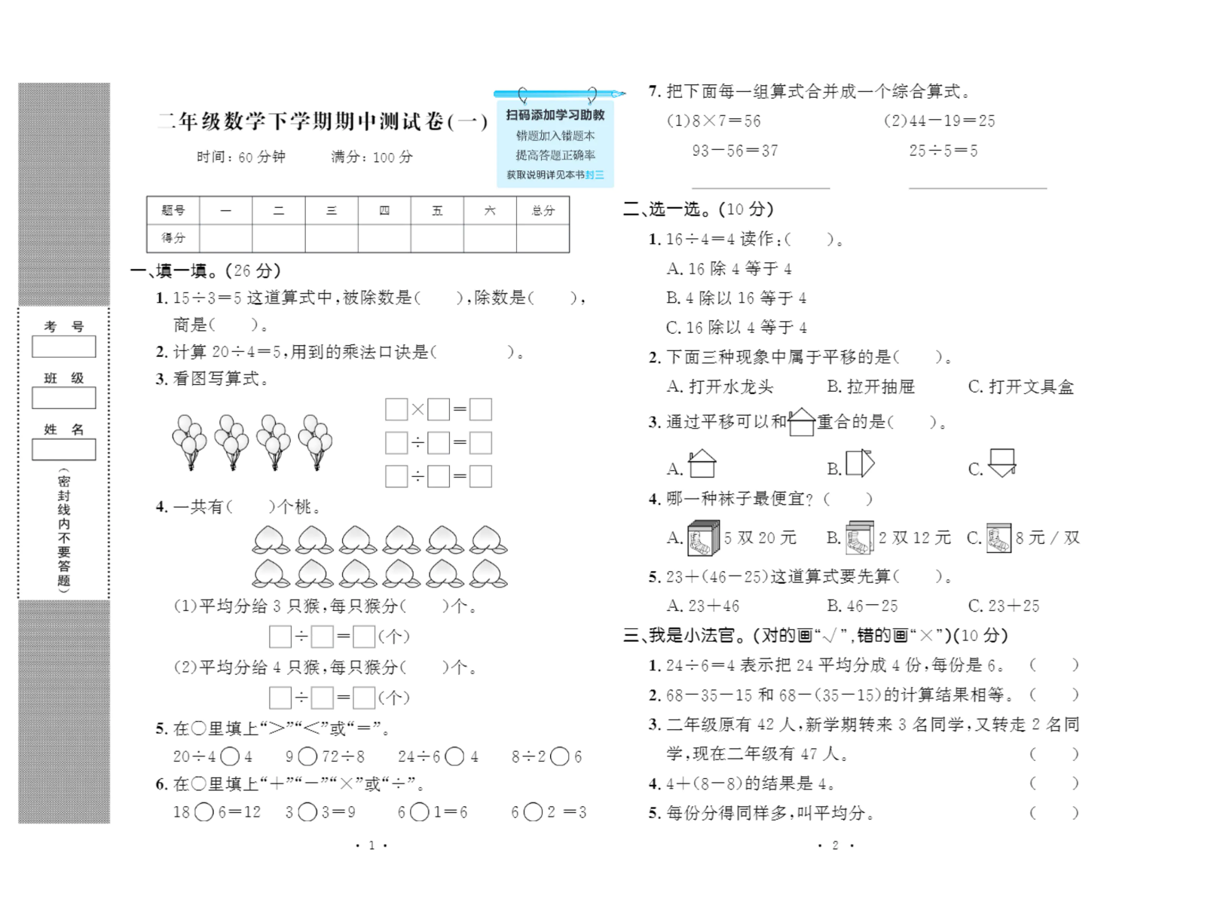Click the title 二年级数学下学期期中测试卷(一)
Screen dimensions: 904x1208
323,121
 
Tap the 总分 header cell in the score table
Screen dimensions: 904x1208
543,211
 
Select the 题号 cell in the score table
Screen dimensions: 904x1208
173,211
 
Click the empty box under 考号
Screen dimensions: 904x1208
64,347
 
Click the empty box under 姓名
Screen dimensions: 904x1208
64,450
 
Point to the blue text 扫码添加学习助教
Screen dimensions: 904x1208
555,115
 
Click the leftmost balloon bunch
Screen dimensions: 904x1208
189,441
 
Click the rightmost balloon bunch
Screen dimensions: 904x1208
315,441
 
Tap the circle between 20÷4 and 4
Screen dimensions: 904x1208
231,756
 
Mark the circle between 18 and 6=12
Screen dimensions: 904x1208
204,812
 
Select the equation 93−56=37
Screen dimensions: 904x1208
735,151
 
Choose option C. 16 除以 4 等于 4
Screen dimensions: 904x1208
736,328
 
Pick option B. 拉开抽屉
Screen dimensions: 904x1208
870,387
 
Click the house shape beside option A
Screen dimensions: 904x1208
702,463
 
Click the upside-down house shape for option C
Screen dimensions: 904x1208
1002,463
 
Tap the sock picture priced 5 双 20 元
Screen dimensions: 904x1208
703,539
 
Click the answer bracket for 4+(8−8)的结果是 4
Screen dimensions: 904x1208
1054,783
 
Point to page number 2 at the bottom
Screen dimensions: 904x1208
835,845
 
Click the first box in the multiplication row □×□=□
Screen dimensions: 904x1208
396,410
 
